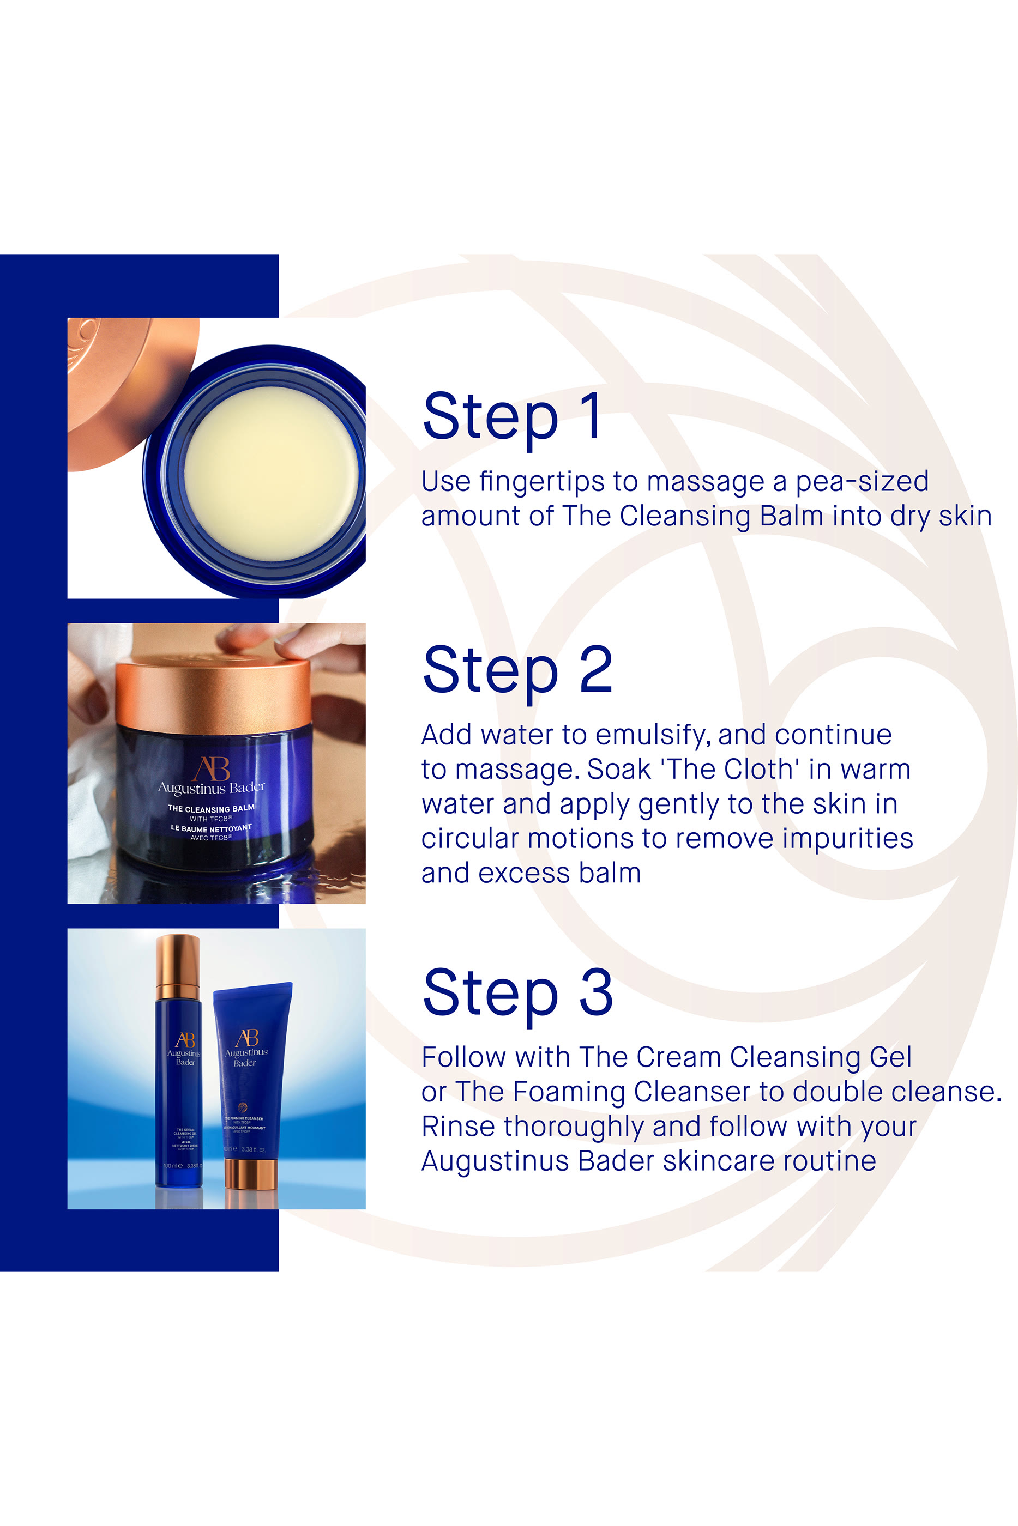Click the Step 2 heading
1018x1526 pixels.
coord(517,671)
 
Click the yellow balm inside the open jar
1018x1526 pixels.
coord(271,473)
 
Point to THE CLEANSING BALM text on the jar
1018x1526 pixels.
coord(211,808)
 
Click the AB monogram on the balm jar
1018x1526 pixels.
coord(212,769)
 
